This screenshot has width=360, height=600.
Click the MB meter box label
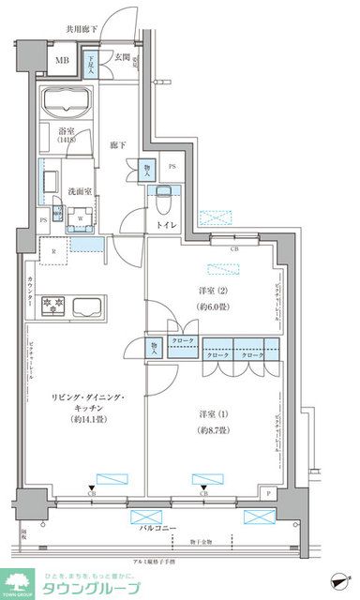[x=61, y=64]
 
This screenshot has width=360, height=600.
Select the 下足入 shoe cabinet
[x=92, y=65]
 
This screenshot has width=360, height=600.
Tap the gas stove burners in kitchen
[x=51, y=306]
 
